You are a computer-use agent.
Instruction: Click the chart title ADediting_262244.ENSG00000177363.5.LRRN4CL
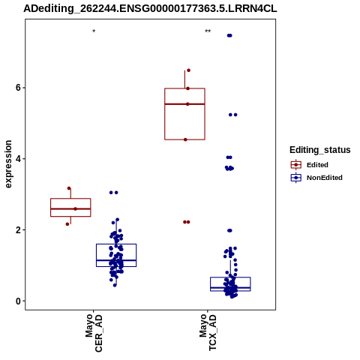click(150, 8)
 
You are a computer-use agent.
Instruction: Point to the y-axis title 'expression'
click(8, 164)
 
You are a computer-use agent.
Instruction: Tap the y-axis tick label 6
click(18, 88)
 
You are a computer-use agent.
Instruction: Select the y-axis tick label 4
click(18, 159)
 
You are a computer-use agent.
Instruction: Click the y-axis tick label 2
click(18, 230)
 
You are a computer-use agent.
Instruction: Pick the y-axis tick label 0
click(18, 301)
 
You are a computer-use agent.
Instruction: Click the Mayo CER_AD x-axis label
click(94, 333)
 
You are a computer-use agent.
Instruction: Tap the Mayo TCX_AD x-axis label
click(208, 333)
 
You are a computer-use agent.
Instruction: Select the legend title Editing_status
click(319, 150)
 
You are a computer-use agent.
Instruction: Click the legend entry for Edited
click(310, 165)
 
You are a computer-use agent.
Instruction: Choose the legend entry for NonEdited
click(316, 178)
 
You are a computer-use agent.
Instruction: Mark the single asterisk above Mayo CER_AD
click(94, 31)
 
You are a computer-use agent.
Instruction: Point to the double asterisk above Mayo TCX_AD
click(208, 31)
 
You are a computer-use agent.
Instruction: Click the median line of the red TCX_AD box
click(184, 104)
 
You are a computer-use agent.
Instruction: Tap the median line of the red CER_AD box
click(70, 208)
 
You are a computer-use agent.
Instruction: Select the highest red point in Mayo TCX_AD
click(189, 70)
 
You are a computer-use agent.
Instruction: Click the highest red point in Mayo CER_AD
click(69, 188)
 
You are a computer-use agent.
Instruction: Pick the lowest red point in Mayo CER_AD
click(67, 224)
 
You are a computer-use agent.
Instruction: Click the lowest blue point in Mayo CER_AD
click(115, 285)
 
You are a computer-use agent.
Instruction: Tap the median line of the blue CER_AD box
click(116, 260)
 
